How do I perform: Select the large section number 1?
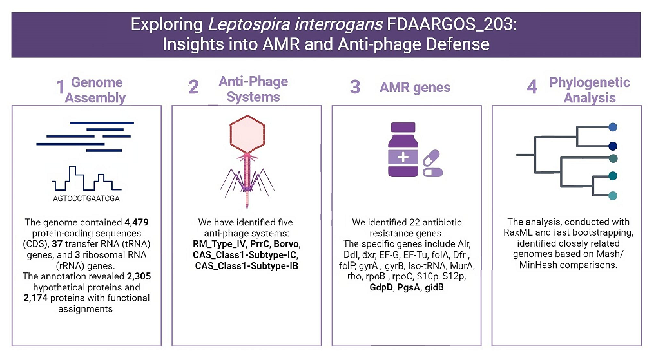pyautogui.click(x=61, y=89)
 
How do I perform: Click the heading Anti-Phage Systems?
pyautogui.click(x=253, y=90)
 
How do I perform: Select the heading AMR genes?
pyautogui.click(x=415, y=88)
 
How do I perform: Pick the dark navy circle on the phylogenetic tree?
pyautogui.click(x=613, y=146)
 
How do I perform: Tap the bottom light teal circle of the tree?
pyautogui.click(x=613, y=196)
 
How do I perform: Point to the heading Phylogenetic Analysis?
pyautogui.click(x=590, y=90)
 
